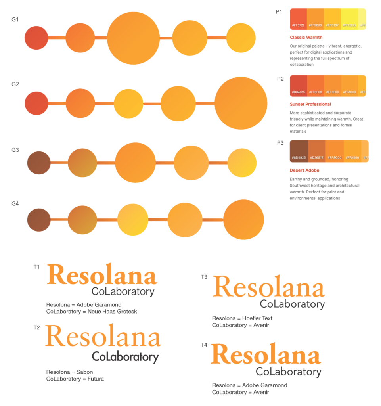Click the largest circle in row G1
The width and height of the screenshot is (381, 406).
133,38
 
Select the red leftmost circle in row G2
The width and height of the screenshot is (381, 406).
36,103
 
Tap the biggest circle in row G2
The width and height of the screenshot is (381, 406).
241,103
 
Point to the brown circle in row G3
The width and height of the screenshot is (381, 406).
39,163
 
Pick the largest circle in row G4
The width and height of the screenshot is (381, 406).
243,220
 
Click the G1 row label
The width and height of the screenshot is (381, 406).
15,19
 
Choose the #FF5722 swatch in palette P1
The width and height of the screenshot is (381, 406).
299,19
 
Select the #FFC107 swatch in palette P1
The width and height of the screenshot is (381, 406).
332,19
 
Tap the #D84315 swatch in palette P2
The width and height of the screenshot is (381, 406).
299,86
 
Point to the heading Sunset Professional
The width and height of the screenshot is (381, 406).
310,104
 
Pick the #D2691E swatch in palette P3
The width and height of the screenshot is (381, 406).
316,151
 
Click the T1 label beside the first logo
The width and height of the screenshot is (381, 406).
36,267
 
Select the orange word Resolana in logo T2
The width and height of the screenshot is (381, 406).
103,337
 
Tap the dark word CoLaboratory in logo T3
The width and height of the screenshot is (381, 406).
292,304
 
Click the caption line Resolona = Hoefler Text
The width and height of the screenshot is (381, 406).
242,318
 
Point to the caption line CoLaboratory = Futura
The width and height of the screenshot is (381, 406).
75,379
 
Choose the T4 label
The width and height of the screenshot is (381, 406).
204,345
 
